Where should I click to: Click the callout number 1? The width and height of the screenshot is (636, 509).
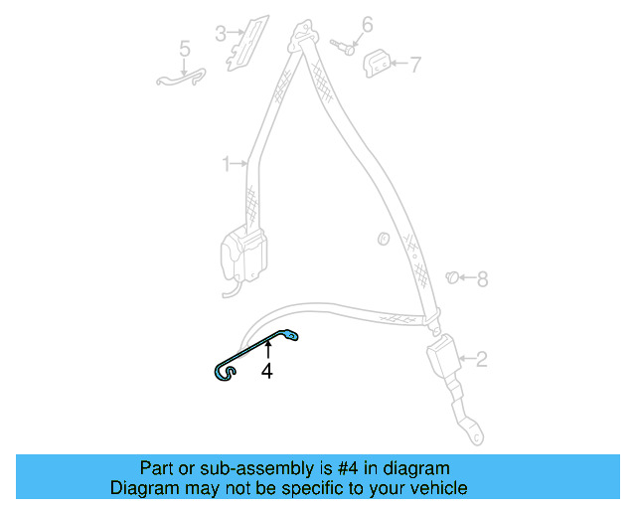click(226, 162)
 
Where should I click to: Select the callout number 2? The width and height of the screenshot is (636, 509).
click(481, 359)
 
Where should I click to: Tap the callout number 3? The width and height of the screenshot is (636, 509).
click(220, 34)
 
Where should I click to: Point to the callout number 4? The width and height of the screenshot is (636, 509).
click(266, 371)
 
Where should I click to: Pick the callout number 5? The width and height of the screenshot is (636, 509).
click(184, 48)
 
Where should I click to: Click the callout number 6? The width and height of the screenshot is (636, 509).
click(367, 24)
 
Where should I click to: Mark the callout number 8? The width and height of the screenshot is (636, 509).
click(482, 279)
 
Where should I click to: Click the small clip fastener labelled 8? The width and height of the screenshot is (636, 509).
click(452, 277)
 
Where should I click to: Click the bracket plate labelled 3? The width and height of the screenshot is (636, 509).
click(246, 41)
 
